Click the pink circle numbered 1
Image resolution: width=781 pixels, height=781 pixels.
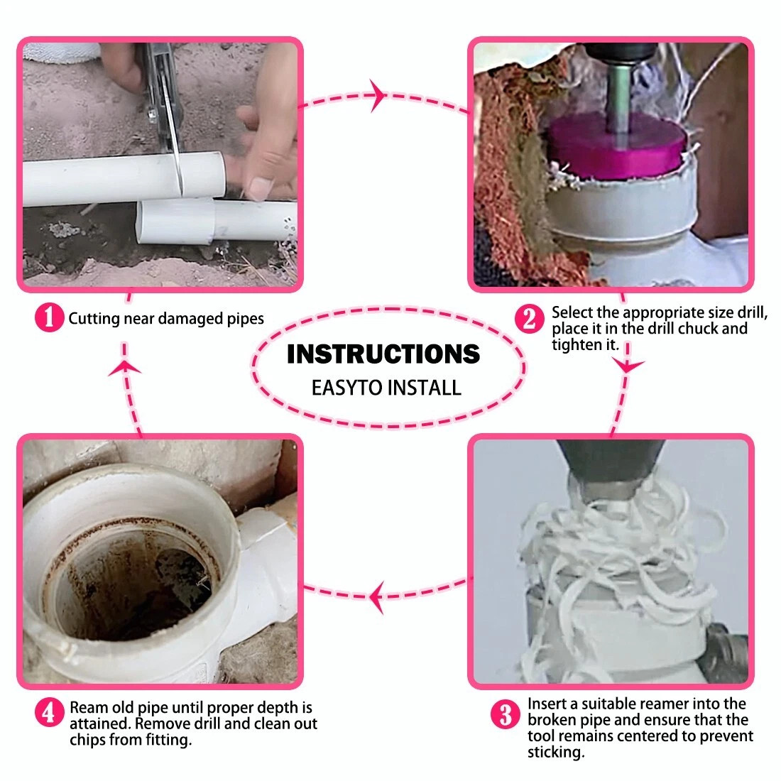[x=49, y=317]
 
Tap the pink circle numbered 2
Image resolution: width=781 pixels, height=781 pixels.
[x=529, y=319]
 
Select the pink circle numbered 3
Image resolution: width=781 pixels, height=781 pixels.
[x=505, y=714]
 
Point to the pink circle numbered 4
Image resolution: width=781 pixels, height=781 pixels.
[x=49, y=713]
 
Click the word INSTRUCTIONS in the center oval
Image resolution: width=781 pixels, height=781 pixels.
[x=383, y=354]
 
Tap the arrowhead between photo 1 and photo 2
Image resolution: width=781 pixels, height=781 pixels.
[x=378, y=94]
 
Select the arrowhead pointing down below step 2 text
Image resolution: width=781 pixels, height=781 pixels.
[x=628, y=366]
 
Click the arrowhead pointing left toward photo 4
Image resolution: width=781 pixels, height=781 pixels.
[x=376, y=596]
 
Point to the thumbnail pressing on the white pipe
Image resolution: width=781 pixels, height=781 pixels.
[x=260, y=189]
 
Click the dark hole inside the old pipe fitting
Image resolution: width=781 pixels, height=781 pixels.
[x=149, y=593]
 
